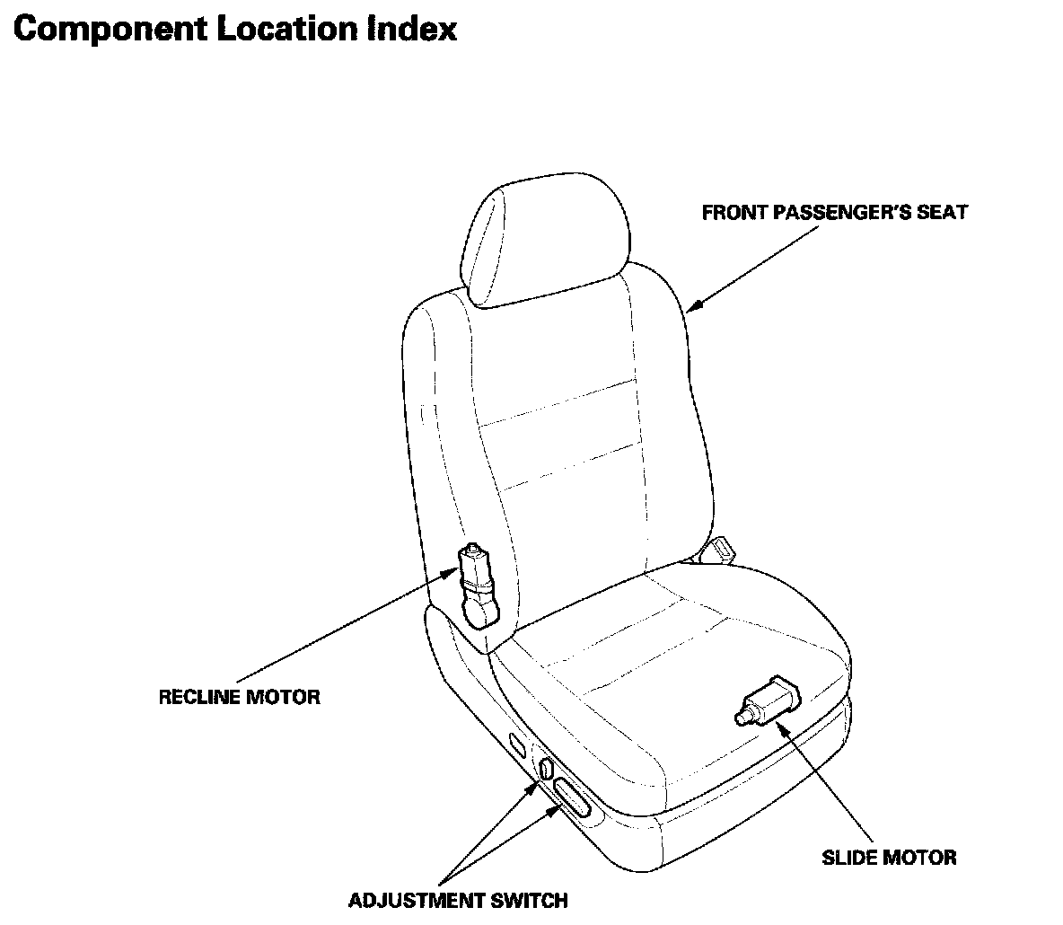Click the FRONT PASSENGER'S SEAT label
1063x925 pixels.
834,213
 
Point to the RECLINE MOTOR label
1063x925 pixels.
239,696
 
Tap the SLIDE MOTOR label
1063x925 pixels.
889,857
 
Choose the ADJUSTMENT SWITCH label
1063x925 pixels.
458,900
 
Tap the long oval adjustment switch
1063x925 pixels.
572,797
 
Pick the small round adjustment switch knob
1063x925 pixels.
546,769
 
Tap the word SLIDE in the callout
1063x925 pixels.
849,857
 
